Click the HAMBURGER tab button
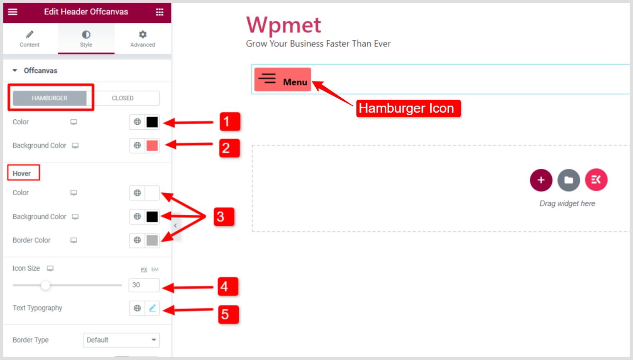click(x=49, y=98)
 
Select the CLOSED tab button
click(x=123, y=98)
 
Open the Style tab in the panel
click(x=86, y=39)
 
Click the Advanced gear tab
click(x=143, y=39)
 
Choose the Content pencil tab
click(x=30, y=39)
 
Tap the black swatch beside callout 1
click(x=152, y=122)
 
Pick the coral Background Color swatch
click(x=152, y=145)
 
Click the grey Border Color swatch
click(x=152, y=240)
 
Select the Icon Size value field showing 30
click(x=144, y=285)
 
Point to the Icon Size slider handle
click(x=45, y=285)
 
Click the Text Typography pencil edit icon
click(x=152, y=308)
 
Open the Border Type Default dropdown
click(x=121, y=340)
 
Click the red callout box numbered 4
click(x=228, y=286)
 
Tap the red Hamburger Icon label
click(x=408, y=108)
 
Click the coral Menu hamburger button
click(x=283, y=79)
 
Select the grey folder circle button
click(x=569, y=180)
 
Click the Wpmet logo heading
click(x=284, y=25)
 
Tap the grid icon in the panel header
click(x=160, y=12)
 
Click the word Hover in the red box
click(x=22, y=173)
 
